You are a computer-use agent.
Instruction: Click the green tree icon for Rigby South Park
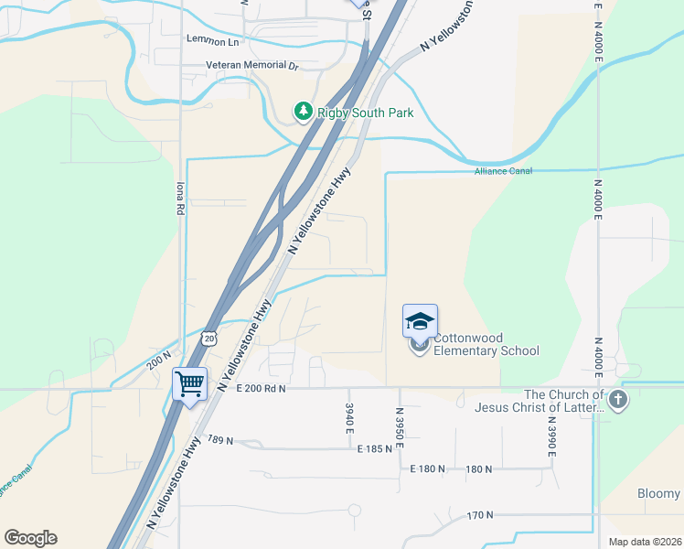click(x=303, y=112)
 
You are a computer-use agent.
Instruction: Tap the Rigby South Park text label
click(x=366, y=113)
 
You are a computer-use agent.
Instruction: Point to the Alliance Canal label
click(x=503, y=171)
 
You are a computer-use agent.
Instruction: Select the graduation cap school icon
click(x=420, y=321)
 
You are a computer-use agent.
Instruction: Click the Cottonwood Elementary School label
click(x=486, y=344)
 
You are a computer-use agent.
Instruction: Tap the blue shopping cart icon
click(x=190, y=383)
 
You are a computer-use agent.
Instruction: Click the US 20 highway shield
click(x=209, y=339)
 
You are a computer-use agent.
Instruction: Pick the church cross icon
click(x=618, y=399)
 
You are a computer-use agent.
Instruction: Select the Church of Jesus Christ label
click(x=537, y=401)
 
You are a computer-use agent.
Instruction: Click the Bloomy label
click(x=658, y=494)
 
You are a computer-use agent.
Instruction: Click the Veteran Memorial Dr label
click(x=252, y=67)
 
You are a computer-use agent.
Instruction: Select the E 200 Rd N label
click(x=261, y=389)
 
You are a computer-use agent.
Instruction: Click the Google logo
click(x=30, y=538)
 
